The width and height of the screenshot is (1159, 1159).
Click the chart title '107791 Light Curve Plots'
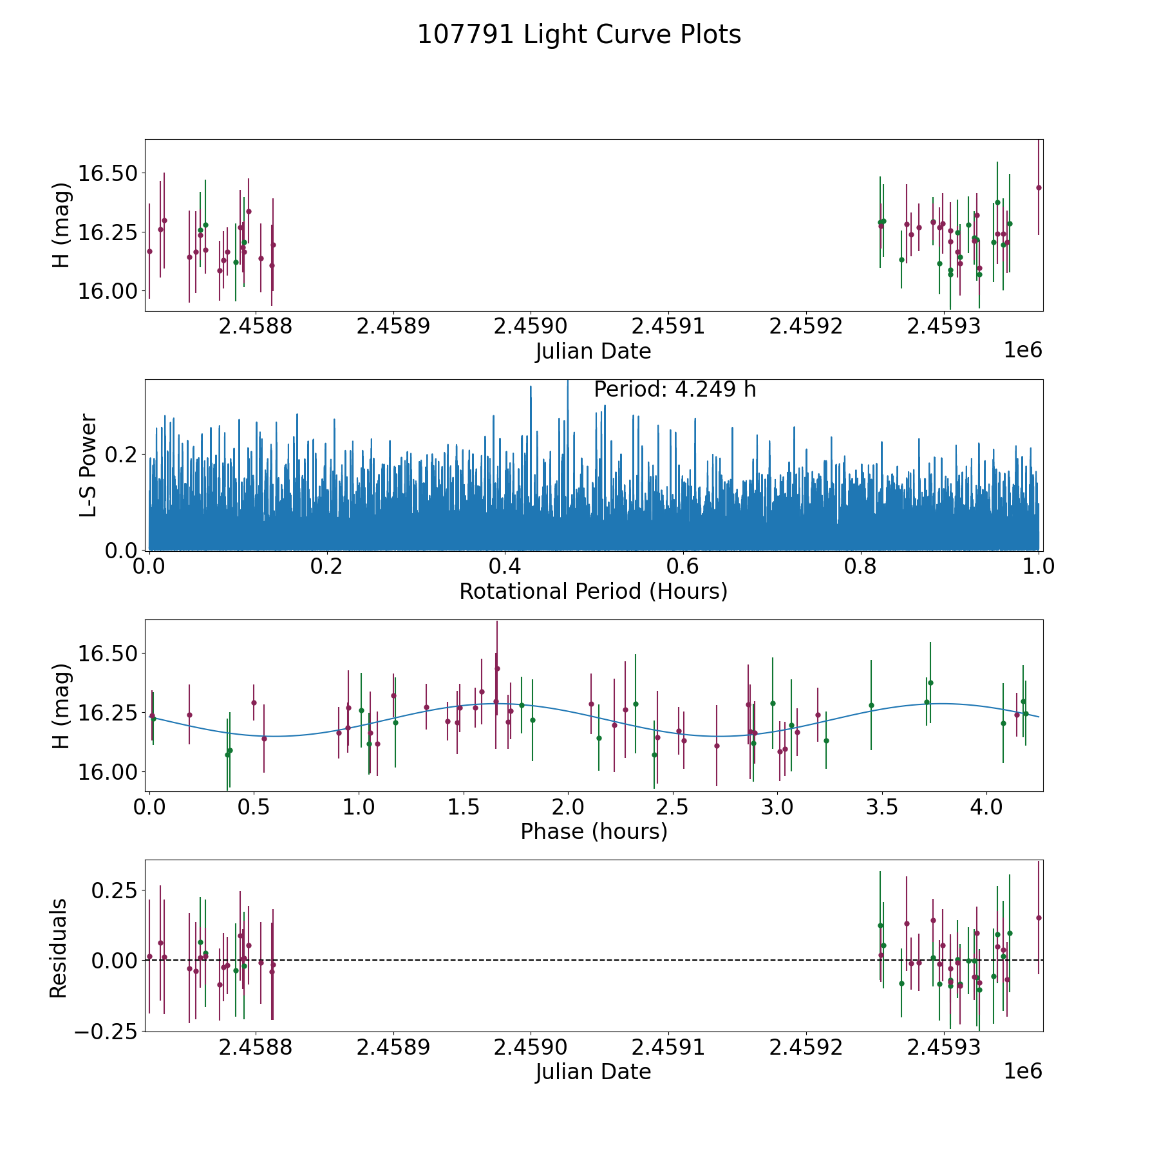579,35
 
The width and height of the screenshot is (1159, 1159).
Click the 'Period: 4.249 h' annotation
674,390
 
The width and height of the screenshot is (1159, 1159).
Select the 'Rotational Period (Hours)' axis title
593,591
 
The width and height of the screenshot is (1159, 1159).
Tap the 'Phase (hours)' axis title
593,831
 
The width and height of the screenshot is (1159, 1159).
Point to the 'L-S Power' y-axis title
88,465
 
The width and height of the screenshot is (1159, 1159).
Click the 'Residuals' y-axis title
59,948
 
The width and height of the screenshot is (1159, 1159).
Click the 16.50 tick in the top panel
108,173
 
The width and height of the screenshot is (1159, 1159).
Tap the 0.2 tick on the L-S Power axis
121,455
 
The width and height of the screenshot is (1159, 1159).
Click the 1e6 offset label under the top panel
1022,350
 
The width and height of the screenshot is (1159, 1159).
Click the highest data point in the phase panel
497,668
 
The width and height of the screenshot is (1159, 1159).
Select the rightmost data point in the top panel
1039,187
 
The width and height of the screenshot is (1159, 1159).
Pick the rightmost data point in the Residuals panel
1039,918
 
